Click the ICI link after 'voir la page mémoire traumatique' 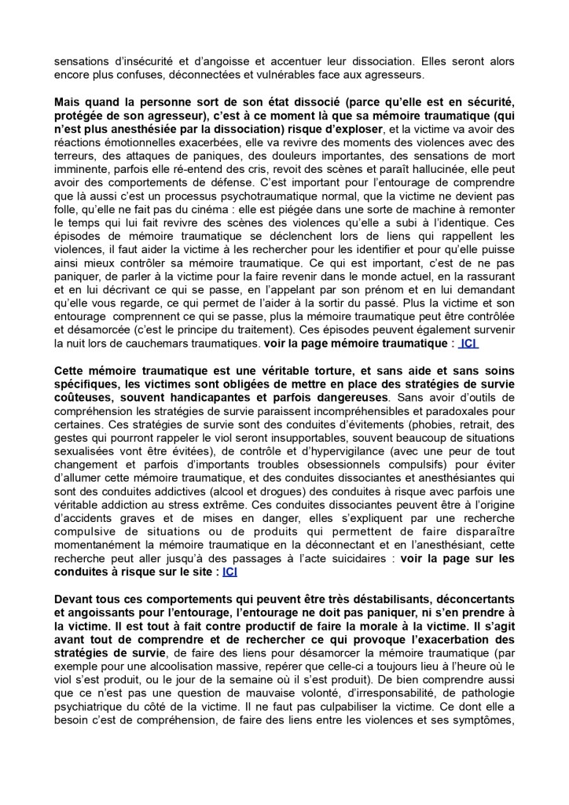point(468,344)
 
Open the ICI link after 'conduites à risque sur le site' point(229,572)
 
